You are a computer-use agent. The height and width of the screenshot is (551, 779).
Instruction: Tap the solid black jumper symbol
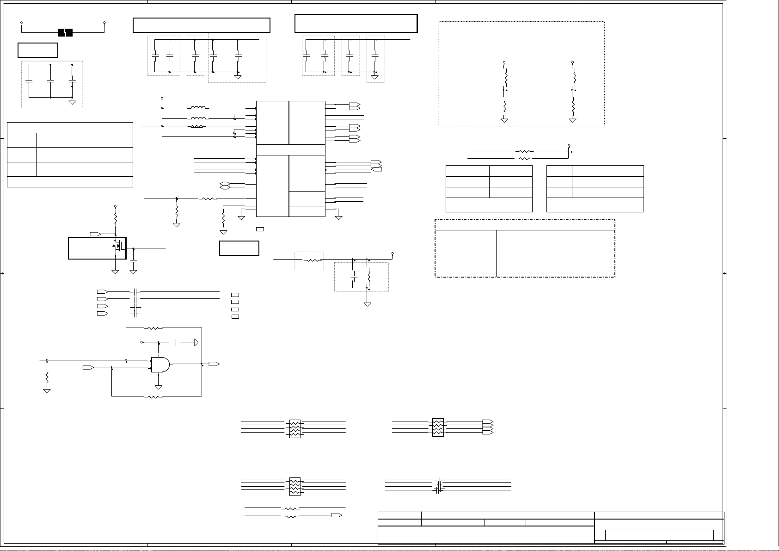(x=65, y=32)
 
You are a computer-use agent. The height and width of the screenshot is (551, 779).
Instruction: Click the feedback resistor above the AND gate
(x=153, y=328)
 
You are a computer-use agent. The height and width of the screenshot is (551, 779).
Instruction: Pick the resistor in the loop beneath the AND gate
(x=153, y=397)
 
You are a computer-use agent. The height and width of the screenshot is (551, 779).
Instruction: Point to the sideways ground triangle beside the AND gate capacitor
(x=196, y=343)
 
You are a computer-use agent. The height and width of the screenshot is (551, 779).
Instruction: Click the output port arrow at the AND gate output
(x=214, y=364)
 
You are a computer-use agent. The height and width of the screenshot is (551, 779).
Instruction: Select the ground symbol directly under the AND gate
(x=158, y=386)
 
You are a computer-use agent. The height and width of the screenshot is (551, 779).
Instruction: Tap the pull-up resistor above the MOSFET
(x=116, y=219)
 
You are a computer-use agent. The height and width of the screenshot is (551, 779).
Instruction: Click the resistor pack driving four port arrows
(x=437, y=428)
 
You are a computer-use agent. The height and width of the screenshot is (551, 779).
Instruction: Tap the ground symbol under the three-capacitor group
(x=72, y=102)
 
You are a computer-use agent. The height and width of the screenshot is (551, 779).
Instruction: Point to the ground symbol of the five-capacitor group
(x=238, y=77)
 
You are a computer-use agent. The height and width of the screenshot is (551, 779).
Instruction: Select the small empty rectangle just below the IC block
(x=260, y=229)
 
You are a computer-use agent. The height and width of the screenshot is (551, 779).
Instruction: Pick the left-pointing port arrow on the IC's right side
(x=377, y=170)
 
